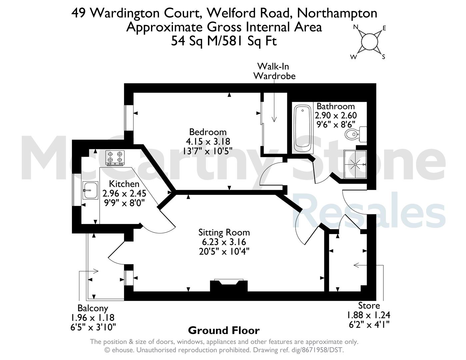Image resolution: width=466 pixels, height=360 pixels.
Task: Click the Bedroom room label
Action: point(208,132)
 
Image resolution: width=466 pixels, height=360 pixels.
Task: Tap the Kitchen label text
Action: point(124,184)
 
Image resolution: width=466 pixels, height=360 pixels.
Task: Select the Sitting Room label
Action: point(224,233)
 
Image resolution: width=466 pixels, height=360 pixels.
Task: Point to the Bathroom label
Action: point(336,106)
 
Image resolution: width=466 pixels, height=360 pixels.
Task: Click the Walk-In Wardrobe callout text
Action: point(274,71)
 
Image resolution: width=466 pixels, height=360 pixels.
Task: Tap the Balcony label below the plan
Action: point(93,308)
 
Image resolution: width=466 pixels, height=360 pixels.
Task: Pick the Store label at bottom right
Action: point(369,305)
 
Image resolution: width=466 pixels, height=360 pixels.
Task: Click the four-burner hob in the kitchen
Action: point(115,158)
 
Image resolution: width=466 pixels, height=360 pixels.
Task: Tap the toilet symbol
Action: point(356,134)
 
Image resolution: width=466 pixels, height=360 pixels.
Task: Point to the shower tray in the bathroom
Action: point(355,164)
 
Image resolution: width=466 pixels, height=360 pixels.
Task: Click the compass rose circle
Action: point(369,42)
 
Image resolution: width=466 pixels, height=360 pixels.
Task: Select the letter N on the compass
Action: point(356,27)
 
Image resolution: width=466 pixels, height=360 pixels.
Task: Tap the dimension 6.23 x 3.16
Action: point(224,242)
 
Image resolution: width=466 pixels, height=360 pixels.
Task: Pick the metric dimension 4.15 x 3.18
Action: point(208,142)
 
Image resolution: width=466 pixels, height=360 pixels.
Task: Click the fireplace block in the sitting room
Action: point(229,286)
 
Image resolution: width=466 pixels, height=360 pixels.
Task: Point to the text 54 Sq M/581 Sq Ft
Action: point(224,41)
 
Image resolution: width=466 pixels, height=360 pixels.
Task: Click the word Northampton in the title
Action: point(337,13)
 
